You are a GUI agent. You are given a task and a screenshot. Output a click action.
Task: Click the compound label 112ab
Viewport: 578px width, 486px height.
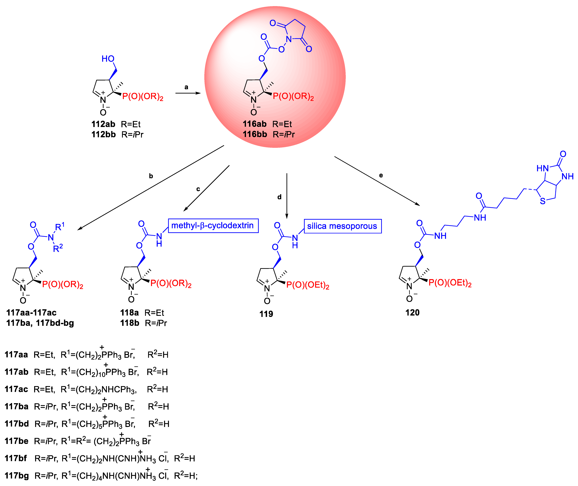click(x=103, y=124)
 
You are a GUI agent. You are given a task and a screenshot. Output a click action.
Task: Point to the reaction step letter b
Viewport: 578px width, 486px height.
click(x=151, y=176)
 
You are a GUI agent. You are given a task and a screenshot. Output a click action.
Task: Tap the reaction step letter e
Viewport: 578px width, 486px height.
click(x=381, y=175)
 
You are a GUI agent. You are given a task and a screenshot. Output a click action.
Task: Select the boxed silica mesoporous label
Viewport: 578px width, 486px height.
click(x=342, y=226)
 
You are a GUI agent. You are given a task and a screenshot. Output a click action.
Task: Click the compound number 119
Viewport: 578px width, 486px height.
click(x=266, y=314)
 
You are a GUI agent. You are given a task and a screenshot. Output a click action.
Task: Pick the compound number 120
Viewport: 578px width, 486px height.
click(x=412, y=312)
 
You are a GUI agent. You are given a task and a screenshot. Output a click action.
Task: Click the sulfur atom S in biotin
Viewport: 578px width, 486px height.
click(x=542, y=201)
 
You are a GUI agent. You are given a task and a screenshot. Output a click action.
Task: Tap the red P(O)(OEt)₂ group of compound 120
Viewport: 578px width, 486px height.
click(x=450, y=283)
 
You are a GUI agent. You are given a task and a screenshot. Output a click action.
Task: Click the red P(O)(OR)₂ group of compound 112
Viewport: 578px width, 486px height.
click(x=143, y=97)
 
